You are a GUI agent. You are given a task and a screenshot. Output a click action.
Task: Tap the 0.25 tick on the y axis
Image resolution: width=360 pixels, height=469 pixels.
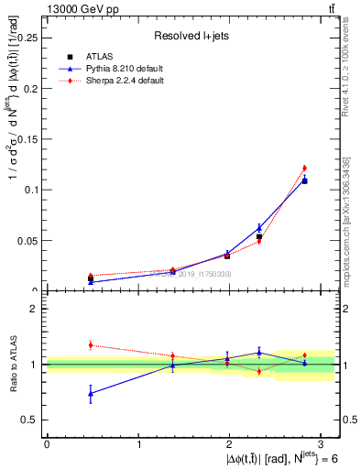tap(27, 38)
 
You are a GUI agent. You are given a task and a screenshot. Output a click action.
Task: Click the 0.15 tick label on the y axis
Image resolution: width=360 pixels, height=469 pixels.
tap(27, 139)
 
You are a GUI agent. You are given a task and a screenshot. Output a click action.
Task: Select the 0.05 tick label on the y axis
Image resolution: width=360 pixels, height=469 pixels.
tap(27, 241)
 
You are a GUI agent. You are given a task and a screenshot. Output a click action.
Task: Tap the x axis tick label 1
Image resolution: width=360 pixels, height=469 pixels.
tap(138, 443)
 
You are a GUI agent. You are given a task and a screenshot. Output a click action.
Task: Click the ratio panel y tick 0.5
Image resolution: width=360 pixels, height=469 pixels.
tap(30, 420)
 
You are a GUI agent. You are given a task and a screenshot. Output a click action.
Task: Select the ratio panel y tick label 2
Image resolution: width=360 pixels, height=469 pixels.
tap(35, 309)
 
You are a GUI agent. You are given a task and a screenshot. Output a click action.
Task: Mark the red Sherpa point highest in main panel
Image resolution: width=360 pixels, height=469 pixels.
tap(304, 168)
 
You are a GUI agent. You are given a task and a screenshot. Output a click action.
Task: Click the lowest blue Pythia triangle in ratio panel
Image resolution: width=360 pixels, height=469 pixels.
tap(90, 394)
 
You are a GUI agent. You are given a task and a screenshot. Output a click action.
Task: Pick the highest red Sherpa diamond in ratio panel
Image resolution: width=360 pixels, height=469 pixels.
tap(90, 345)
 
